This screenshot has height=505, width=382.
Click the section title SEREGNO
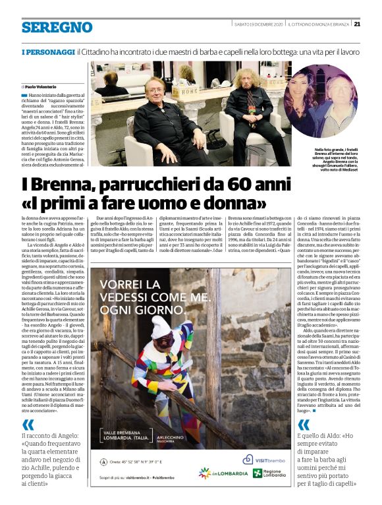[x=57, y=27]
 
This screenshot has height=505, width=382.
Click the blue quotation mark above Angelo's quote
[x=28, y=426]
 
